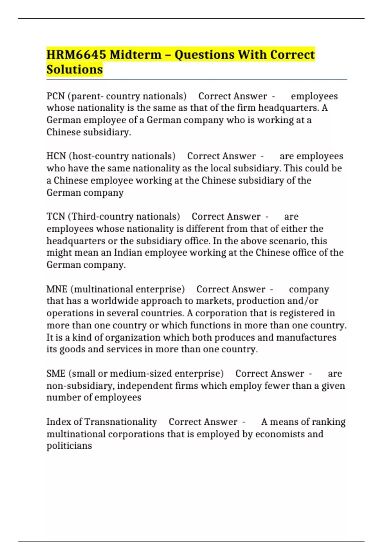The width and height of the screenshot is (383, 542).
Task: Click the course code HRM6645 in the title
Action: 76,55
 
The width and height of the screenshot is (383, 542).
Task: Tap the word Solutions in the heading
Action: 75,70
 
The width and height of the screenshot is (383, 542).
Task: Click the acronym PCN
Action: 56,96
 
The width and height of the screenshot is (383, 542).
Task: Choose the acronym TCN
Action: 56,216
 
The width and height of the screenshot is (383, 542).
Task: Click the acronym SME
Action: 56,373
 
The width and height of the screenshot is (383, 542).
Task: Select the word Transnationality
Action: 121,422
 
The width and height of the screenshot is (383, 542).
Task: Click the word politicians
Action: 69,446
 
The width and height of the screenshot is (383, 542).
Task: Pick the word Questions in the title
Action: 205,55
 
